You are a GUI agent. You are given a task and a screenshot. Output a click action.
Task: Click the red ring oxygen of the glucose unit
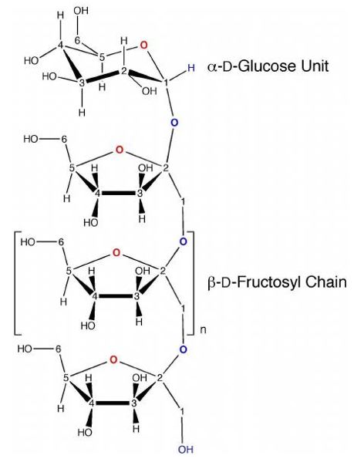[144, 46]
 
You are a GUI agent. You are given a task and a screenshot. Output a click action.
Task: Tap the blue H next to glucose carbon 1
[191, 68]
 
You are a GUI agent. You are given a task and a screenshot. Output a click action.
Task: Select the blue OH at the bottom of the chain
[185, 449]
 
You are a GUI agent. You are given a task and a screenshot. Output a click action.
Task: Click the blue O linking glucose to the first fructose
[174, 123]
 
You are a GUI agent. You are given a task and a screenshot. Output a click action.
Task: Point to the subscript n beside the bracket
[203, 330]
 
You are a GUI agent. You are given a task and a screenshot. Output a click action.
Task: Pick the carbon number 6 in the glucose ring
[77, 41]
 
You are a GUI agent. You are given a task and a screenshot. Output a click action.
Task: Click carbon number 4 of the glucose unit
[61, 46]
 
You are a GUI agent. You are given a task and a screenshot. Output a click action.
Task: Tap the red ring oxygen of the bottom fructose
[113, 359]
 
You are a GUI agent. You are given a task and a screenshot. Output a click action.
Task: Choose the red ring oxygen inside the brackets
[116, 253]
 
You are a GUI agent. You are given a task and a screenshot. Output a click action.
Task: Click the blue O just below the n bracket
[183, 349]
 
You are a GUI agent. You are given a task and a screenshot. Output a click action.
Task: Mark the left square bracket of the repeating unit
[15, 282]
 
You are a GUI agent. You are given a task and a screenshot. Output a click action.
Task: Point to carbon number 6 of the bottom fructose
[58, 349]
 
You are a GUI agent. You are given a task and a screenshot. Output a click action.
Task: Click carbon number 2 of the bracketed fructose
[163, 272]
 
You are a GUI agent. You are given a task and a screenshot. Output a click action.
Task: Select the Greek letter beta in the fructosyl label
[211, 282]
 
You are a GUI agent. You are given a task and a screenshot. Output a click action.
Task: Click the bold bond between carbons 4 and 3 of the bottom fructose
[113, 403]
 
